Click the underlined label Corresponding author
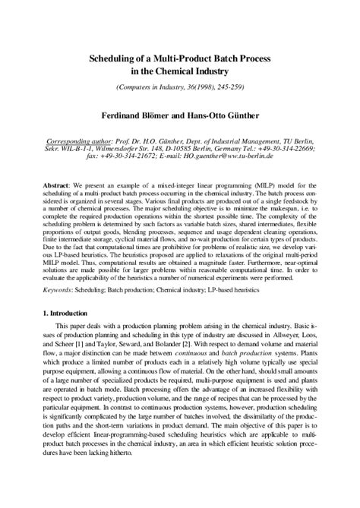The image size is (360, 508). click(58, 141)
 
